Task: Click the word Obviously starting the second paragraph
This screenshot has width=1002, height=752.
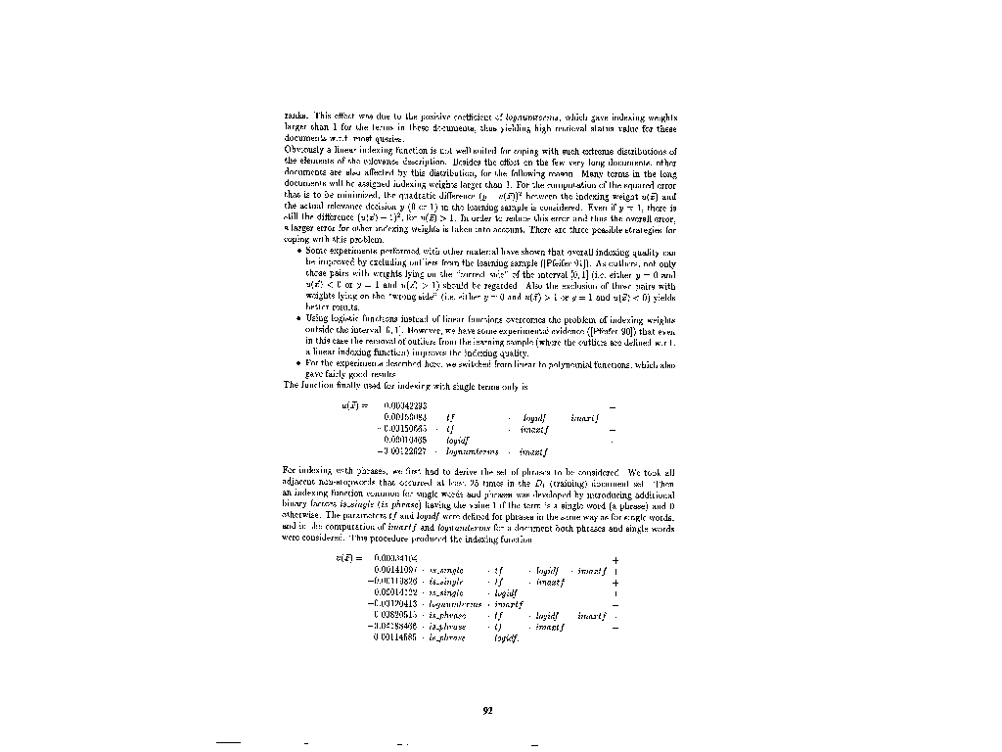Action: pyautogui.click(x=301, y=152)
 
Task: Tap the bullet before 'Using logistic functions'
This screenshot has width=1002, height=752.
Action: pyautogui.click(x=297, y=319)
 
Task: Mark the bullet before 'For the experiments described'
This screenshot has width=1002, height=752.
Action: pyautogui.click(x=297, y=363)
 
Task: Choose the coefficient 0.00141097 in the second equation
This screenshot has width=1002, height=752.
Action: pyautogui.click(x=396, y=569)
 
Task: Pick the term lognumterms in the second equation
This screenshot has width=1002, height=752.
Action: pyautogui.click(x=457, y=604)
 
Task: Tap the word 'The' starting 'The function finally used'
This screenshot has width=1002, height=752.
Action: pyautogui.click(x=290, y=385)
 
